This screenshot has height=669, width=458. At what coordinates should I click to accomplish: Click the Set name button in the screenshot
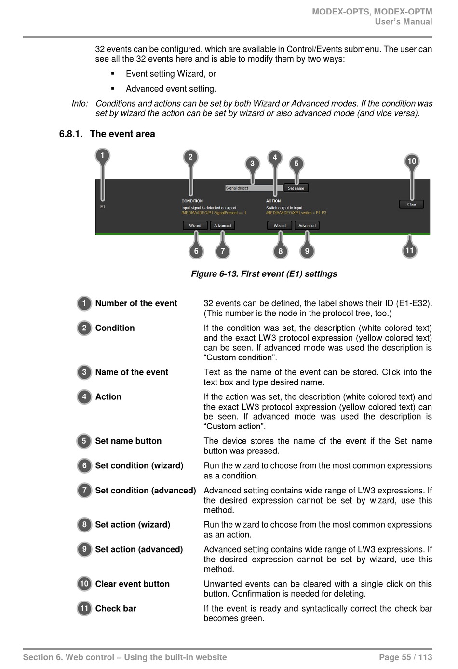(296, 188)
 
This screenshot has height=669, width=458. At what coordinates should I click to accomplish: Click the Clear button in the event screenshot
(411, 204)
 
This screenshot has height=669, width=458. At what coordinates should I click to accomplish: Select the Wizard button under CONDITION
(195, 225)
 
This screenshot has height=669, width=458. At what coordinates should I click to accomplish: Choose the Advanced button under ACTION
(307, 225)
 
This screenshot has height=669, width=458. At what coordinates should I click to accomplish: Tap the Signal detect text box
(254, 188)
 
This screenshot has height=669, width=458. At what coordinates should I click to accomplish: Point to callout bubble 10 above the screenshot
(411, 161)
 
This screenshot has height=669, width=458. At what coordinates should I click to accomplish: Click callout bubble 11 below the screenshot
(409, 250)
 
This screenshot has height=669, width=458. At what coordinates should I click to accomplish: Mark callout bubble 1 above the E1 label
(102, 155)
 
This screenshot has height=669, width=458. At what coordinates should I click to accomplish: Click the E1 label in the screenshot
(103, 207)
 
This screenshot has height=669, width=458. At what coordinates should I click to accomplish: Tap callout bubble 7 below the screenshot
(222, 251)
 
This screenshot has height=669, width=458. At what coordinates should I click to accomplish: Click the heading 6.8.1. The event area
(107, 134)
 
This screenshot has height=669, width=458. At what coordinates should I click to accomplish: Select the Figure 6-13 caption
(264, 274)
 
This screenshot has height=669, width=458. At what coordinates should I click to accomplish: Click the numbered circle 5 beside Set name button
(84, 441)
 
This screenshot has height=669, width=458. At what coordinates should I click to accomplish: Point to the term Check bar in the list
(116, 608)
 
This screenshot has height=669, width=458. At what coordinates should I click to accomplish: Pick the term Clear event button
(132, 584)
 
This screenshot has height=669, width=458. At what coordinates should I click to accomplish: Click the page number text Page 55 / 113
(405, 657)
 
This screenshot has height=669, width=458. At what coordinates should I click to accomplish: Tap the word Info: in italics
(80, 104)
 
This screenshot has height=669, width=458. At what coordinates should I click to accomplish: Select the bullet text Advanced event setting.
(171, 89)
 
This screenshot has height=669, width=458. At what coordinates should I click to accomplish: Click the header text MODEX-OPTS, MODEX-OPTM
(372, 12)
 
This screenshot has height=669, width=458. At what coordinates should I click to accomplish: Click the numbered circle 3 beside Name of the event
(84, 372)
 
